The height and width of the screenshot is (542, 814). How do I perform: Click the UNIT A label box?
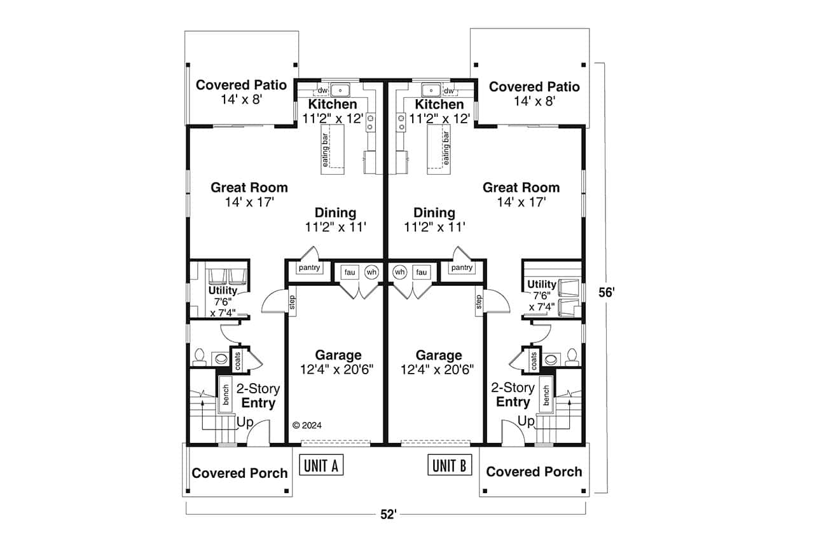pyautogui.click(x=321, y=466)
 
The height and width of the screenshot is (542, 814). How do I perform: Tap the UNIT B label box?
pyautogui.click(x=450, y=466)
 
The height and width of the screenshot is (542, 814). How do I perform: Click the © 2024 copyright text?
pyautogui.click(x=307, y=426)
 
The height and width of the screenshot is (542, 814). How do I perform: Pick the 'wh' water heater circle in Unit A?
pyautogui.click(x=371, y=272)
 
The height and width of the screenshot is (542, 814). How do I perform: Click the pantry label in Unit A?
pyautogui.click(x=309, y=268)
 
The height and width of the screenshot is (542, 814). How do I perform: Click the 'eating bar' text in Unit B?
pyautogui.click(x=446, y=149)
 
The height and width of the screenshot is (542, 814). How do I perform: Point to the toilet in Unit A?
pyautogui.click(x=198, y=356)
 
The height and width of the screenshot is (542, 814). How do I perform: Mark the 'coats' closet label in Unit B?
pyautogui.click(x=533, y=360)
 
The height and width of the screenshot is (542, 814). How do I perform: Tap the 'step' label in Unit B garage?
pyautogui.click(x=478, y=303)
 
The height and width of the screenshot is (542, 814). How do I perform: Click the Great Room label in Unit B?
pyautogui.click(x=521, y=187)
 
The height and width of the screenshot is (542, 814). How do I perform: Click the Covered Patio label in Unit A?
pyautogui.click(x=241, y=85)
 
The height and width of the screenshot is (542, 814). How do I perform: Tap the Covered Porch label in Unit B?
pyautogui.click(x=534, y=471)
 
